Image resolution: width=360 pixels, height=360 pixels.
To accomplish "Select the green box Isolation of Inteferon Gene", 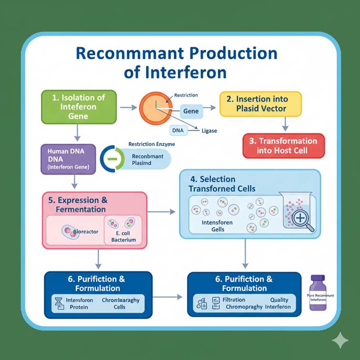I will point(79,107).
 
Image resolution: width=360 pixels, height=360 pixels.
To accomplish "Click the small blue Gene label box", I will point(191,111).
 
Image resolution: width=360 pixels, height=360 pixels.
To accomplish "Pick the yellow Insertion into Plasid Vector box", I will point(261,104).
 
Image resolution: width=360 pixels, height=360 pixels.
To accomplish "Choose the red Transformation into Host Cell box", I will point(283,146).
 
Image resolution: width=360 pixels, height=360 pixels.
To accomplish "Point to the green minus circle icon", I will point(112,158).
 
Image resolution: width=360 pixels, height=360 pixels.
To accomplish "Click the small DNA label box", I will point(177,129).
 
